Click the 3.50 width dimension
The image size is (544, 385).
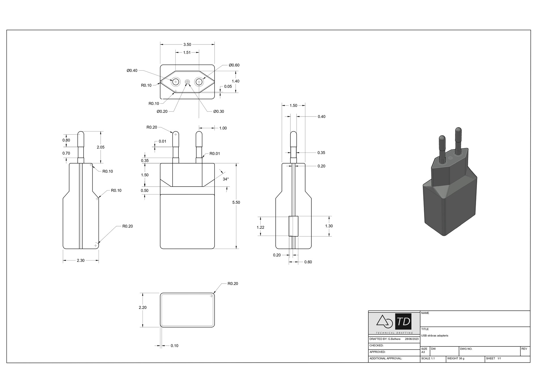click(187, 45)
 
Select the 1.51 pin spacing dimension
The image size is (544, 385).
click(187, 52)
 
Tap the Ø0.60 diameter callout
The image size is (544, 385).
click(234, 65)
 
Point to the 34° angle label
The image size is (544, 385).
click(226, 179)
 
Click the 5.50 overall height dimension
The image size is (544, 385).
click(236, 202)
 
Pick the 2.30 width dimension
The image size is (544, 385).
click(80, 260)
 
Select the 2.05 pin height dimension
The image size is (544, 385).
click(101, 147)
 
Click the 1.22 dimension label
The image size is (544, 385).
click(260, 227)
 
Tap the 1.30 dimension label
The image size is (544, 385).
click(329, 226)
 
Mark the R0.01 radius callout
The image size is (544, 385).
click(214, 154)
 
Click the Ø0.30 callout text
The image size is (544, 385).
click(218, 111)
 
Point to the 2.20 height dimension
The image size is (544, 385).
click(143, 308)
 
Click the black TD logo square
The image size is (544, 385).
click(403, 321)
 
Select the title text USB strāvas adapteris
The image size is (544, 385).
click(435, 336)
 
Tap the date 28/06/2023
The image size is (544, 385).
click(411, 339)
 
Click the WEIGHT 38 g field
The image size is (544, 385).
click(456, 359)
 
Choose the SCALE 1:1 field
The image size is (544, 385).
click(428, 359)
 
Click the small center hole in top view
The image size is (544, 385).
click(187, 82)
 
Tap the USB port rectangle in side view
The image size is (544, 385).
click(294, 226)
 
